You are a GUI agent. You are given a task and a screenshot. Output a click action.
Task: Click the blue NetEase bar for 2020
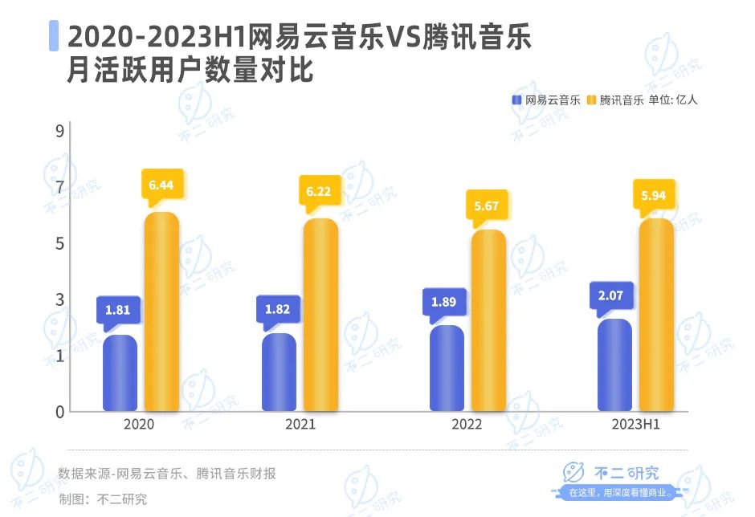(120, 373)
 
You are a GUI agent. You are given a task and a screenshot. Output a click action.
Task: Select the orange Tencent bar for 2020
(161, 313)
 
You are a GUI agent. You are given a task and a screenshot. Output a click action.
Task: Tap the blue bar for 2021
(280, 372)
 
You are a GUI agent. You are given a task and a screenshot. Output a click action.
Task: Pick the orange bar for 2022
(488, 321)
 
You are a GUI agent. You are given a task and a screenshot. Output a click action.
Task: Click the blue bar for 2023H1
(614, 365)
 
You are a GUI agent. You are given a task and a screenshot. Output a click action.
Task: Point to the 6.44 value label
(161, 185)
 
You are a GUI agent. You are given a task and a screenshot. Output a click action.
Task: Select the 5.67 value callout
(487, 206)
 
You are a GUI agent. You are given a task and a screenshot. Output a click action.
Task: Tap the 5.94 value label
(655, 195)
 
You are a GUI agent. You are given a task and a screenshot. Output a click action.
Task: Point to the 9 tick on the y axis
(59, 132)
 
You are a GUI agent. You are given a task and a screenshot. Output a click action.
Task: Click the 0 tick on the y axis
(59, 412)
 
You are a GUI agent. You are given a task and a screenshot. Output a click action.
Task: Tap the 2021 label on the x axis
(300, 424)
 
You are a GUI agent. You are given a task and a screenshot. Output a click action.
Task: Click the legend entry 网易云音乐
(546, 100)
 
